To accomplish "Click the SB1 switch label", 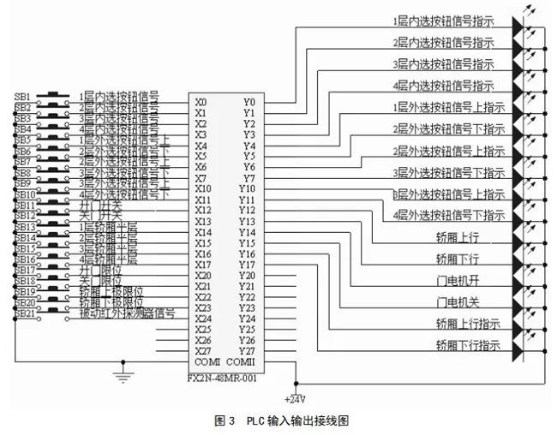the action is [x=23, y=96].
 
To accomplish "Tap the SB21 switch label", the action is [x=24, y=313].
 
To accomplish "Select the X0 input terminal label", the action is [x=201, y=102].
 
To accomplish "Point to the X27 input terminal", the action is [x=202, y=351].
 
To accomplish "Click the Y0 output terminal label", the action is [x=249, y=102].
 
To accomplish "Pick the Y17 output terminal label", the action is [x=248, y=265].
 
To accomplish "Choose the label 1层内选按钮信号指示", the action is [x=443, y=19].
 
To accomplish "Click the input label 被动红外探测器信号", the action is [x=128, y=313].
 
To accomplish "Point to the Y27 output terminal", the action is [x=248, y=351].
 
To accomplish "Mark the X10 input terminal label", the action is [x=202, y=188].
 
